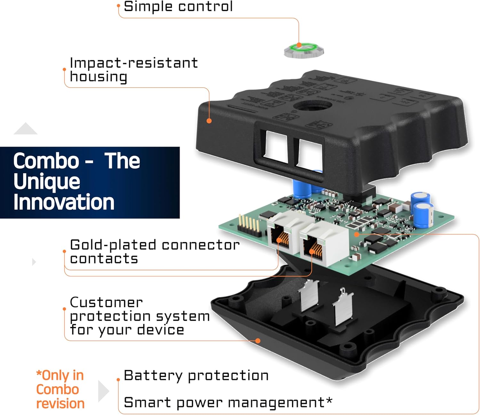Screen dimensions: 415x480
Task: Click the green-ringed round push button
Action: [x=304, y=51]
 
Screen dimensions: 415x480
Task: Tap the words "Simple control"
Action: [x=178, y=7]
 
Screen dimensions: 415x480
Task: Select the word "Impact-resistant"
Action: [x=134, y=63]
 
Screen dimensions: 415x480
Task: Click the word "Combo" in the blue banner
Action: [x=46, y=161]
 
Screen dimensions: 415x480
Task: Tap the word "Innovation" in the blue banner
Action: [x=64, y=202]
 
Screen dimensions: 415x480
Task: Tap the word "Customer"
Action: [x=106, y=302]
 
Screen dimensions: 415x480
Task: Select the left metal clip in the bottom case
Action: [x=308, y=295]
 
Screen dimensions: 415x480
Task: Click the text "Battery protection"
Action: [x=196, y=375]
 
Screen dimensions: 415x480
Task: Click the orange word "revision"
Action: [x=60, y=403]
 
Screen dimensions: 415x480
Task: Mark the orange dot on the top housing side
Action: [x=209, y=121]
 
